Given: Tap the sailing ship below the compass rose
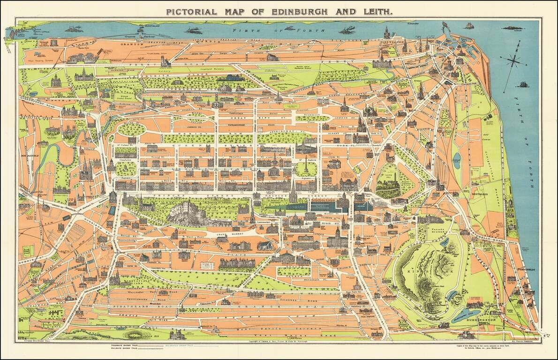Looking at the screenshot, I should point(522,85).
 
